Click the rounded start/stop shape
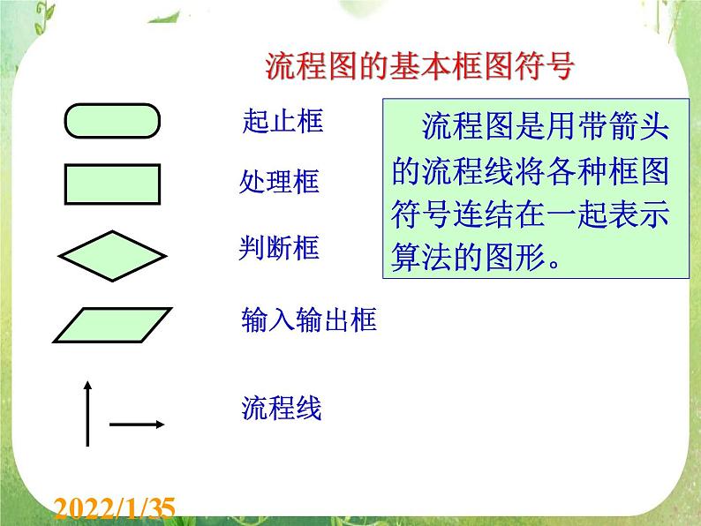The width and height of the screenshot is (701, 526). pyautogui.click(x=111, y=121)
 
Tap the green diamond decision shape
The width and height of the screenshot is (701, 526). pyautogui.click(x=112, y=256)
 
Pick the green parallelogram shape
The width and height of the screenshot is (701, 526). pyautogui.click(x=111, y=324)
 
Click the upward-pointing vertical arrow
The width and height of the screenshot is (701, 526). pyautogui.click(x=87, y=413)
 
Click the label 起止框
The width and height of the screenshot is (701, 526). pyautogui.click(x=283, y=121)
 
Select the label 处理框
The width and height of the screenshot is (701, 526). pyautogui.click(x=279, y=182)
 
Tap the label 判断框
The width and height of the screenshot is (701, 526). pyautogui.click(x=279, y=249)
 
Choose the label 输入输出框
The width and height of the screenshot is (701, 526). pyautogui.click(x=309, y=319)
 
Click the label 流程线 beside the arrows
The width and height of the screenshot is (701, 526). pyautogui.click(x=281, y=408)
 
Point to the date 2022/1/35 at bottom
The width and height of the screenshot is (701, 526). pyautogui.click(x=115, y=508)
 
